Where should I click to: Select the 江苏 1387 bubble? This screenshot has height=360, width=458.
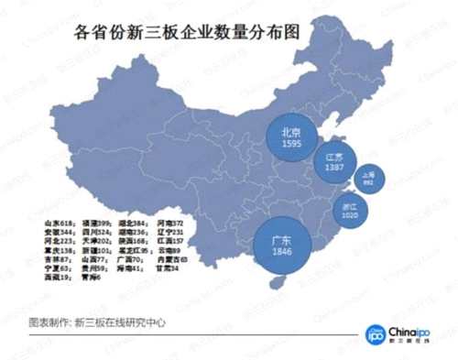pos(334,163)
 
